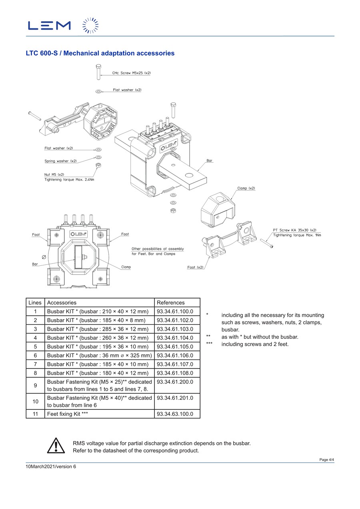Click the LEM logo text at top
point(49,26)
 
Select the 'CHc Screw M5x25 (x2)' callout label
point(131,73)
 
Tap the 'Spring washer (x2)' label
point(60,161)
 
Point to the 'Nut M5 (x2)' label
point(54,174)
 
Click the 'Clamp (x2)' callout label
point(246,188)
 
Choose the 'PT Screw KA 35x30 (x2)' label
point(294,230)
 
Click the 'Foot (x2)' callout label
point(195,267)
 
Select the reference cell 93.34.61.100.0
point(175,311)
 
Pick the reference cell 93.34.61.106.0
point(175,355)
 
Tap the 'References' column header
point(171,303)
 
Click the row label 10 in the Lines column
point(36,401)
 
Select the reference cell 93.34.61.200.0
point(175,382)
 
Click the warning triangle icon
point(56,446)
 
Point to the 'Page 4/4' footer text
point(326,460)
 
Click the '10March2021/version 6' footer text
point(51,467)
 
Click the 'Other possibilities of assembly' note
point(158,249)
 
